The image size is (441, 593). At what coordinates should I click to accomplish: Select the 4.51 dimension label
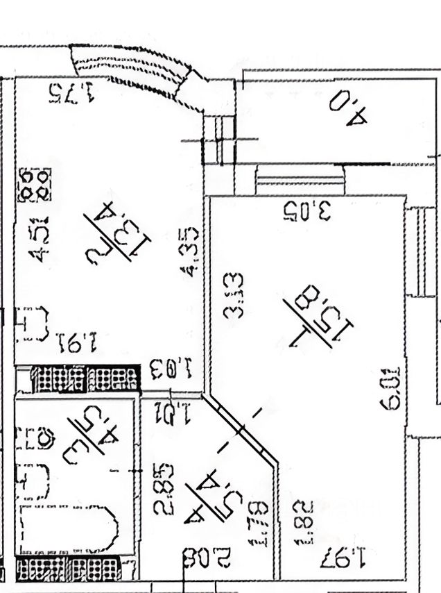(42, 240)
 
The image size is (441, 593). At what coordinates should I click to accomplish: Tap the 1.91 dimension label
(78, 342)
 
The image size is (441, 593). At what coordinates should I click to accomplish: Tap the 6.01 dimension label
(392, 388)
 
